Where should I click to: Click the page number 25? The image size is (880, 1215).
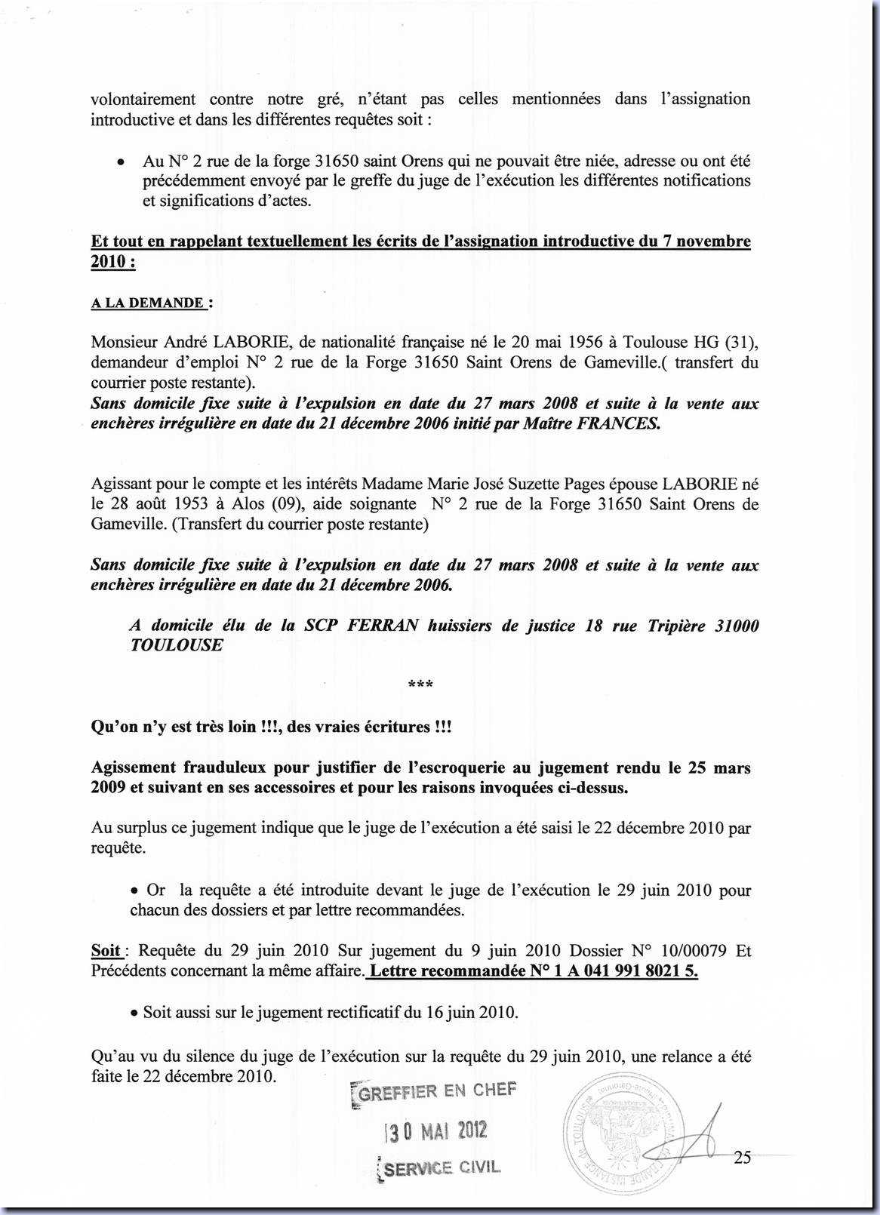[x=742, y=1157]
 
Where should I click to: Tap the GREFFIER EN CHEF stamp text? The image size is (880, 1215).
[x=435, y=1092]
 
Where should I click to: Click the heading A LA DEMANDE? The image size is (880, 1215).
[x=148, y=303]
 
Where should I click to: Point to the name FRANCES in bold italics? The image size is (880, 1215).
[x=617, y=423]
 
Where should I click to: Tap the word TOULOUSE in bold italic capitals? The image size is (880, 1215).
[x=177, y=646]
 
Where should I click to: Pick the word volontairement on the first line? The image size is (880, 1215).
[x=143, y=99]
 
